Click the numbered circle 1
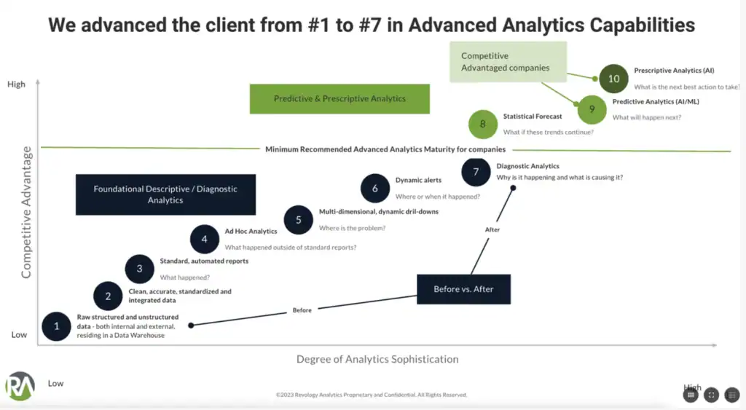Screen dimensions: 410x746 (x=57, y=326)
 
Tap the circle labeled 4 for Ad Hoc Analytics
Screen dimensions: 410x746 (x=205, y=239)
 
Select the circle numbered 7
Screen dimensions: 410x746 (x=476, y=172)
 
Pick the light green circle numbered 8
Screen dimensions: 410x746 (x=482, y=124)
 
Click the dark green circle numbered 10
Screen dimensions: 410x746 (x=613, y=79)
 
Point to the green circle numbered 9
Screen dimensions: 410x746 (x=592, y=109)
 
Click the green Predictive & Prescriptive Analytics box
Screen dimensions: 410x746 (x=339, y=99)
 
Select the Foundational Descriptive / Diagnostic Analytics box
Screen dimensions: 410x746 (x=165, y=194)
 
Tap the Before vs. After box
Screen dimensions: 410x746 (x=463, y=289)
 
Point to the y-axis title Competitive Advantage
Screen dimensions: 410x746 (x=26, y=212)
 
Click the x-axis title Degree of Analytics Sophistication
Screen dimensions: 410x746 (x=377, y=359)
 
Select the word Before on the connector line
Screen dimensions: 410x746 (x=302, y=310)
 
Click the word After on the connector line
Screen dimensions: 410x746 (x=493, y=230)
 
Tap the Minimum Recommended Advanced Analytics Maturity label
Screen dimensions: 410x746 (x=385, y=149)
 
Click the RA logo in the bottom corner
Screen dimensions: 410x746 (x=20, y=387)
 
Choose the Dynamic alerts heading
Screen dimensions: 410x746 (x=418, y=180)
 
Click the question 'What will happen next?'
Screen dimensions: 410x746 (x=646, y=117)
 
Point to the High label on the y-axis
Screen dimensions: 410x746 (x=16, y=84)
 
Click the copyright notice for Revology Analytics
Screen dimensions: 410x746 (x=372, y=395)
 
